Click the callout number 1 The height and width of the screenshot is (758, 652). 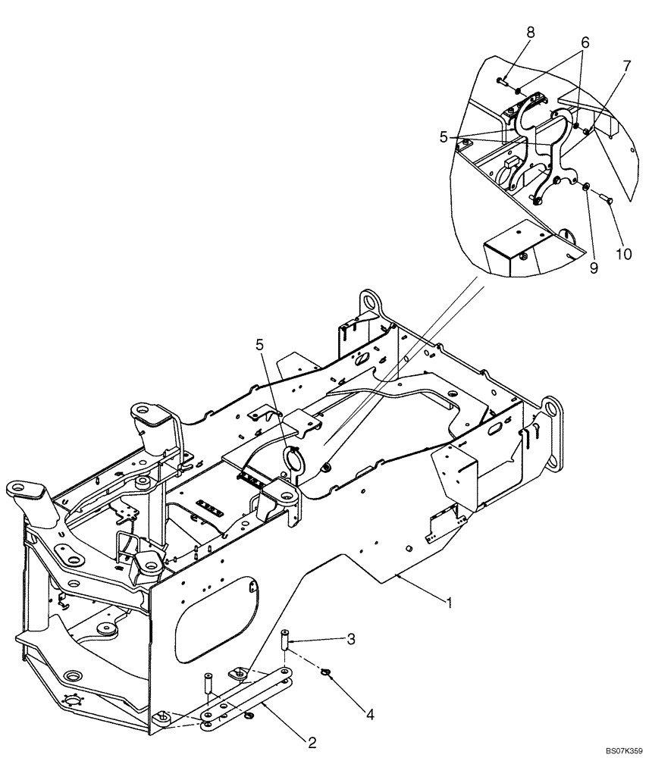[x=450, y=604]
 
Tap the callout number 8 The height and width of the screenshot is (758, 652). [x=531, y=32]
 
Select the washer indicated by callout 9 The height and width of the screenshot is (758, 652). [x=588, y=187]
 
